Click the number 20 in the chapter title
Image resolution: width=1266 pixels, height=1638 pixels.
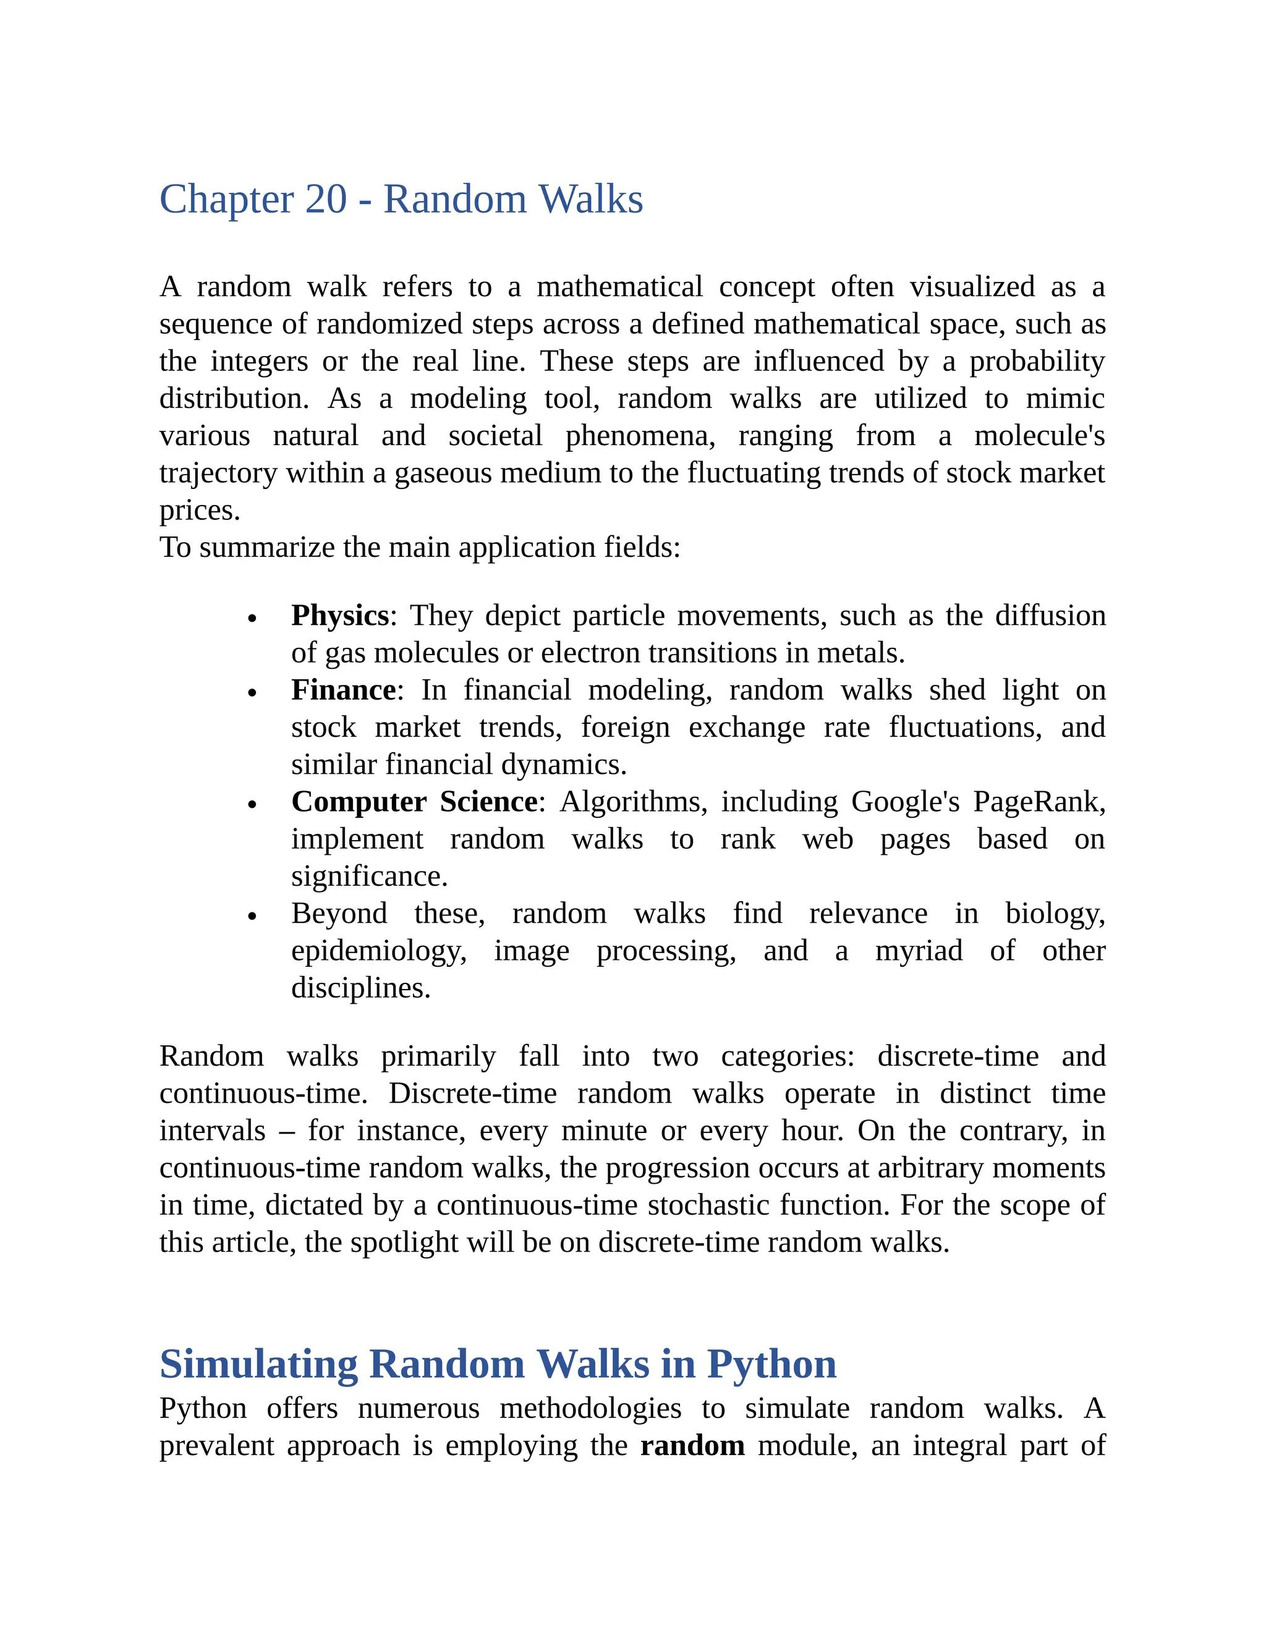click(326, 200)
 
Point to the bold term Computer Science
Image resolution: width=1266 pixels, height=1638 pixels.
click(414, 802)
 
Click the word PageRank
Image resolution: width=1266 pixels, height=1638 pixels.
click(1039, 802)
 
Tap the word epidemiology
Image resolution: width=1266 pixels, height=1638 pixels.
click(378, 951)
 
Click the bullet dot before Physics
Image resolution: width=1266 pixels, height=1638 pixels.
click(253, 619)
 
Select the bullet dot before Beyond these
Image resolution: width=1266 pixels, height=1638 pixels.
click(253, 917)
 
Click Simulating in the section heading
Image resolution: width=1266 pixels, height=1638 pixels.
click(259, 1364)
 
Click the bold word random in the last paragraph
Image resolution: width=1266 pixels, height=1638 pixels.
click(692, 1445)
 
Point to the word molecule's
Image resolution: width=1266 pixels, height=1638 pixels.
click(1039, 436)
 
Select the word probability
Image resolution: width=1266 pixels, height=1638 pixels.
click(1037, 362)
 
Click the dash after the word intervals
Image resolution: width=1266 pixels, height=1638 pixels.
click(286, 1131)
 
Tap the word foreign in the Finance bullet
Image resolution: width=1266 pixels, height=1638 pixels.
click(625, 728)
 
